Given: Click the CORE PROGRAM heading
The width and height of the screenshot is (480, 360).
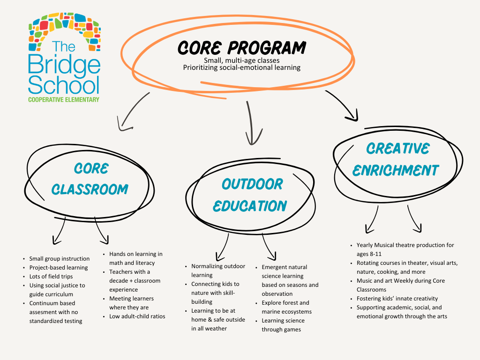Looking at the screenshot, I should tap(241, 48).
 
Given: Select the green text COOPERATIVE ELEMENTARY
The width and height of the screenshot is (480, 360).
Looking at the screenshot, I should tap(64, 100).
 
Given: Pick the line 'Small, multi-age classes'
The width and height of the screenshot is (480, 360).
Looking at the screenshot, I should tap(241, 60).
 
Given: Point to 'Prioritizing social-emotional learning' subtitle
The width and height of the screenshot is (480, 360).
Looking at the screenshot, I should tap(241, 67).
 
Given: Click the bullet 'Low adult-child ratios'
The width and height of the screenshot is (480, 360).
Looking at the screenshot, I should tap(134, 316).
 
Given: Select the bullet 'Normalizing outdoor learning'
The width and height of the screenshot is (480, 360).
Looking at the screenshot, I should tap(218, 270).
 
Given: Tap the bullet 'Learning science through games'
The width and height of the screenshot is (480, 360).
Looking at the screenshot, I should tap(283, 325).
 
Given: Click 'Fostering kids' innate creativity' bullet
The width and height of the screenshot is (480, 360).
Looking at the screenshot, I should tap(397, 299).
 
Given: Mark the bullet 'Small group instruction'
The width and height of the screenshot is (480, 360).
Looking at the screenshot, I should tap(59, 258).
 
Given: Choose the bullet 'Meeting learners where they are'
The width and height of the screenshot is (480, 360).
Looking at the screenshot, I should tap(131, 303).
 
